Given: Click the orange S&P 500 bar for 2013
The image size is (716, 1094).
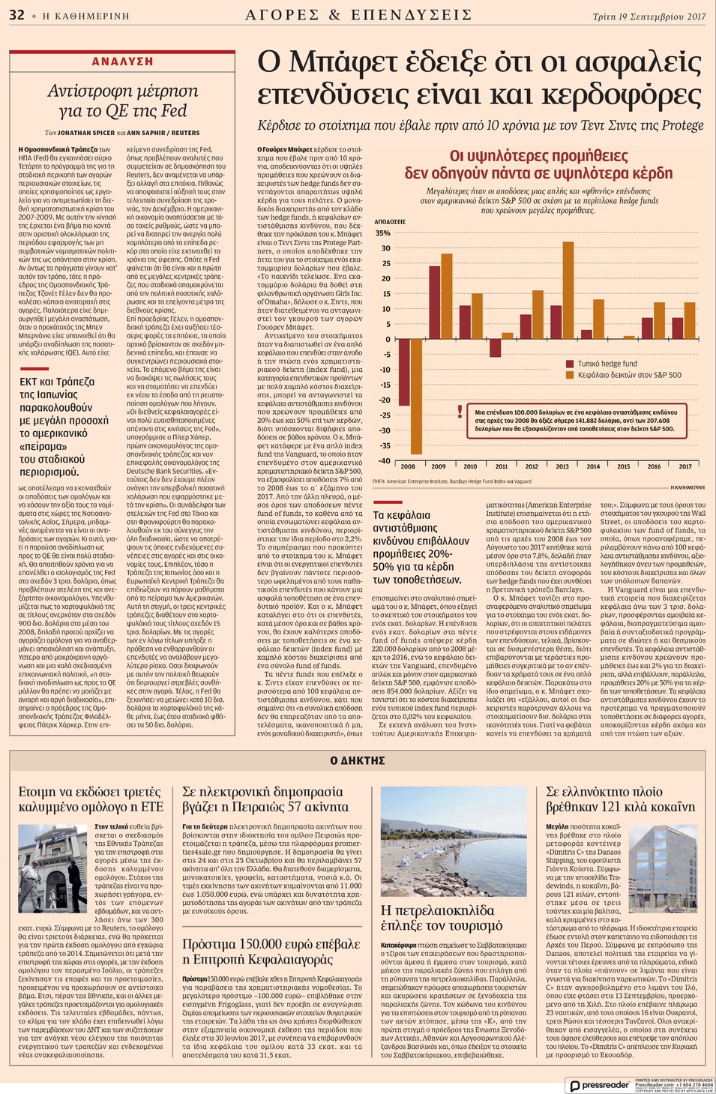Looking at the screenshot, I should (x=568, y=290).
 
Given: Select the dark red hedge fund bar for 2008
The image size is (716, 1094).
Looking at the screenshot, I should (x=404, y=372).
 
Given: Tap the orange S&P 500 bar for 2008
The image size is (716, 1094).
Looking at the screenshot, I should (x=417, y=396).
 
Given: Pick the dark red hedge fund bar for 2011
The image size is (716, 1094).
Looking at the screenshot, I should (x=496, y=348).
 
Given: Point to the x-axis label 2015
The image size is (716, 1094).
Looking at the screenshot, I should (x=624, y=466).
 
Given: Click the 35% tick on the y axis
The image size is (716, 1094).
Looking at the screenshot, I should (x=382, y=233).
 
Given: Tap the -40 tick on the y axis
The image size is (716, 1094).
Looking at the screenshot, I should (x=384, y=461).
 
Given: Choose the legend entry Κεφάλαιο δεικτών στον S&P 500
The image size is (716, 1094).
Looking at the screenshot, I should (x=629, y=375).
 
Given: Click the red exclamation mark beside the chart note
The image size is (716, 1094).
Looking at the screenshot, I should (x=460, y=411).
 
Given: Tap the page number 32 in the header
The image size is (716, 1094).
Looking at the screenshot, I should (x=16, y=15).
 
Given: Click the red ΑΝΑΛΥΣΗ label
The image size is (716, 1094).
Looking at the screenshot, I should (x=122, y=61).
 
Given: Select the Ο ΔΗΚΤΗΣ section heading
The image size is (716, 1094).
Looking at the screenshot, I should (x=358, y=760).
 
